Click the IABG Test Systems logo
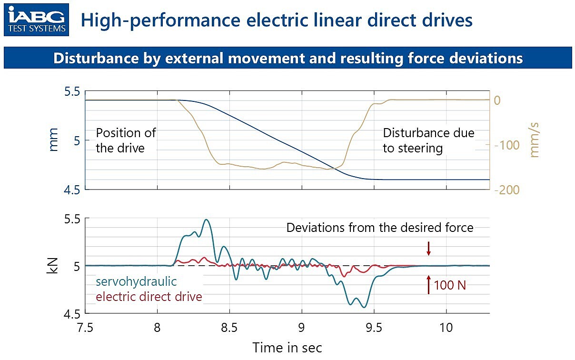pyautogui.click(x=36, y=20)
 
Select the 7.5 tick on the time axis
pyautogui.click(x=85, y=328)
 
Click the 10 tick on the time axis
pyautogui.click(x=446, y=328)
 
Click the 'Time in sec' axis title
pyautogui.click(x=287, y=348)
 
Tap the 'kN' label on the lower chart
pyautogui.click(x=52, y=266)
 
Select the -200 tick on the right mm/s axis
pyautogui.click(x=507, y=190)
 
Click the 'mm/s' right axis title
pyautogui.click(x=535, y=140)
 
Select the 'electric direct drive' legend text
pyautogui.click(x=149, y=297)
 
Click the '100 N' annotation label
pyautogui.click(x=450, y=286)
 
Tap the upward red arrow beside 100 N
pyautogui.click(x=428, y=284)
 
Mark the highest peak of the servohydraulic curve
pyautogui.click(x=206, y=220)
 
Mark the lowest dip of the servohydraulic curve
pyautogui.click(x=364, y=307)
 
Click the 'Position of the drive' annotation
pyautogui.click(x=126, y=140)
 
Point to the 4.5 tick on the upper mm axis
pyautogui.click(x=71, y=190)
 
